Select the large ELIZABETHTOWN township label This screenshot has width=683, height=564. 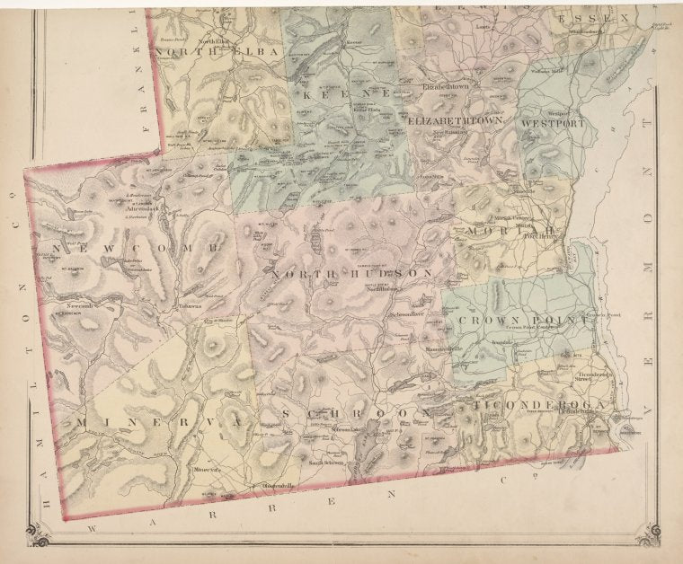point(456,119)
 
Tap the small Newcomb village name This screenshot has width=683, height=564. point(82,305)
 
